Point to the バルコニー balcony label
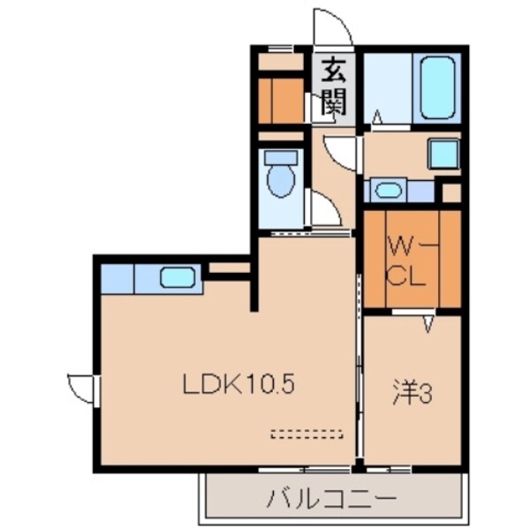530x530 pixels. click(x=331, y=499)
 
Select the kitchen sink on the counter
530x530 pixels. click(x=177, y=277)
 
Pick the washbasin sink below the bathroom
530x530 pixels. click(x=387, y=189)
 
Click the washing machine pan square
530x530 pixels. click(x=443, y=154)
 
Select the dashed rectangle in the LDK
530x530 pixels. click(x=306, y=434)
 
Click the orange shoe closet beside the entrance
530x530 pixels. click(x=281, y=101)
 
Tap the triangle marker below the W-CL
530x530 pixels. click(x=428, y=324)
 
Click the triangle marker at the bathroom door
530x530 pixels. click(x=376, y=116)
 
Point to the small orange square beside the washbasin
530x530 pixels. click(x=450, y=191)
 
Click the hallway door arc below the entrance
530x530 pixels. click(x=343, y=152)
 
